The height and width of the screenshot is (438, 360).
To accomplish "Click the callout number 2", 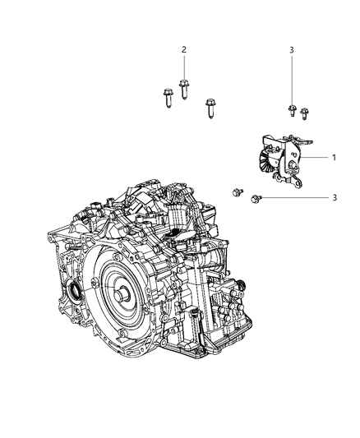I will pyautogui.click(x=184, y=50).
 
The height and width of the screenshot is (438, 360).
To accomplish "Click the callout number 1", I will pyautogui.click(x=334, y=157).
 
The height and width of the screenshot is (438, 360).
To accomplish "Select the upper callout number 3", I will pyautogui.click(x=291, y=50).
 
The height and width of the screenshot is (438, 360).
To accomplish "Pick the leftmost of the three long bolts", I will pyautogui.click(x=164, y=99).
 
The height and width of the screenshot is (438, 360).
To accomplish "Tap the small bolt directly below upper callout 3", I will pyautogui.click(x=291, y=109).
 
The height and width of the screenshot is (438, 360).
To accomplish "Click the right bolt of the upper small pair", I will pyautogui.click(x=304, y=113).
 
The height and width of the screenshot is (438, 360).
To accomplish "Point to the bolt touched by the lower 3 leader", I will pyautogui.click(x=258, y=198).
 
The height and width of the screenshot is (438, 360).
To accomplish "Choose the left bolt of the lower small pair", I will pyautogui.click(x=238, y=191).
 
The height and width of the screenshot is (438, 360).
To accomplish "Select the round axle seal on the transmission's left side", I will pyautogui.click(x=74, y=289).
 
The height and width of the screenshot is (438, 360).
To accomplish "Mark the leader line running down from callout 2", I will pyautogui.click(x=184, y=67).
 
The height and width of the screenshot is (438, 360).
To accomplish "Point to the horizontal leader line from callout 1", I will pyautogui.click(x=317, y=157).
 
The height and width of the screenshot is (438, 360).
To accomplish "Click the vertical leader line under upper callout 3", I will pyautogui.click(x=291, y=78).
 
